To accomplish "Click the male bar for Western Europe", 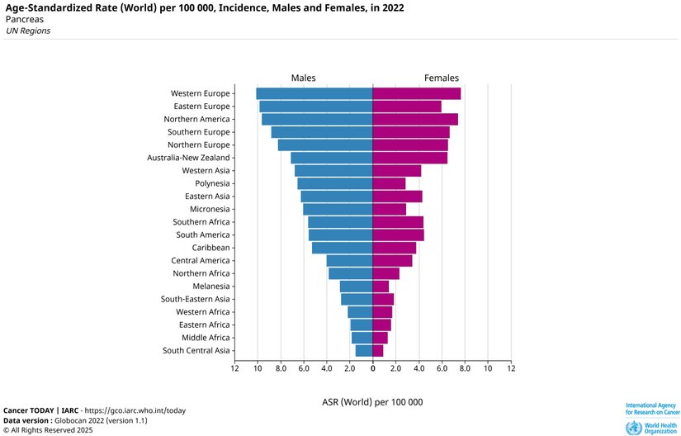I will (x=314, y=93).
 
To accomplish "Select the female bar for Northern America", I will (x=415, y=119).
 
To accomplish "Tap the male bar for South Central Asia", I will (x=364, y=350).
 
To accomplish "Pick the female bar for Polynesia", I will (x=389, y=183).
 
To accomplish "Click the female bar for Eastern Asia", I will (x=397, y=197).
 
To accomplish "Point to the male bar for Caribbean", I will (x=342, y=248).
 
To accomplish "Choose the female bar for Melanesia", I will (x=381, y=287).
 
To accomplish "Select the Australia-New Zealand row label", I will (x=188, y=158).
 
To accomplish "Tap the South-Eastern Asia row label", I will (x=195, y=299).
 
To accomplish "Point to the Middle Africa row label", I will (x=206, y=338).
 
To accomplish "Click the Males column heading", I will (x=303, y=78).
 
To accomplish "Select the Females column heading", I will (x=442, y=78).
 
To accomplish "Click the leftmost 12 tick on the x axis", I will (x=235, y=368).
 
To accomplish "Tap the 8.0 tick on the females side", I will (x=465, y=368).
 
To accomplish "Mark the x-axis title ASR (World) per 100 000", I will (x=372, y=401).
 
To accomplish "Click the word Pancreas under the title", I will (x=24, y=19).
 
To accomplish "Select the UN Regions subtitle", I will (x=28, y=31).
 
